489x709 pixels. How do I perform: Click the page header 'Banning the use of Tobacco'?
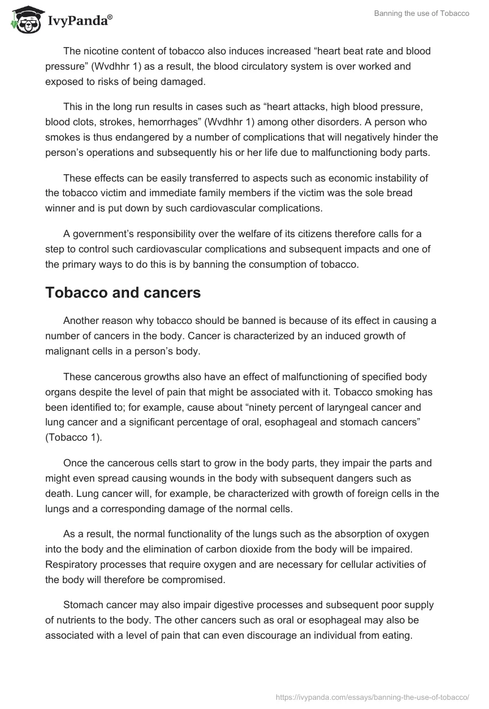pyautogui.click(x=422, y=13)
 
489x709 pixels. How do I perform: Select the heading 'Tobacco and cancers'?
pyautogui.click(x=123, y=293)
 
